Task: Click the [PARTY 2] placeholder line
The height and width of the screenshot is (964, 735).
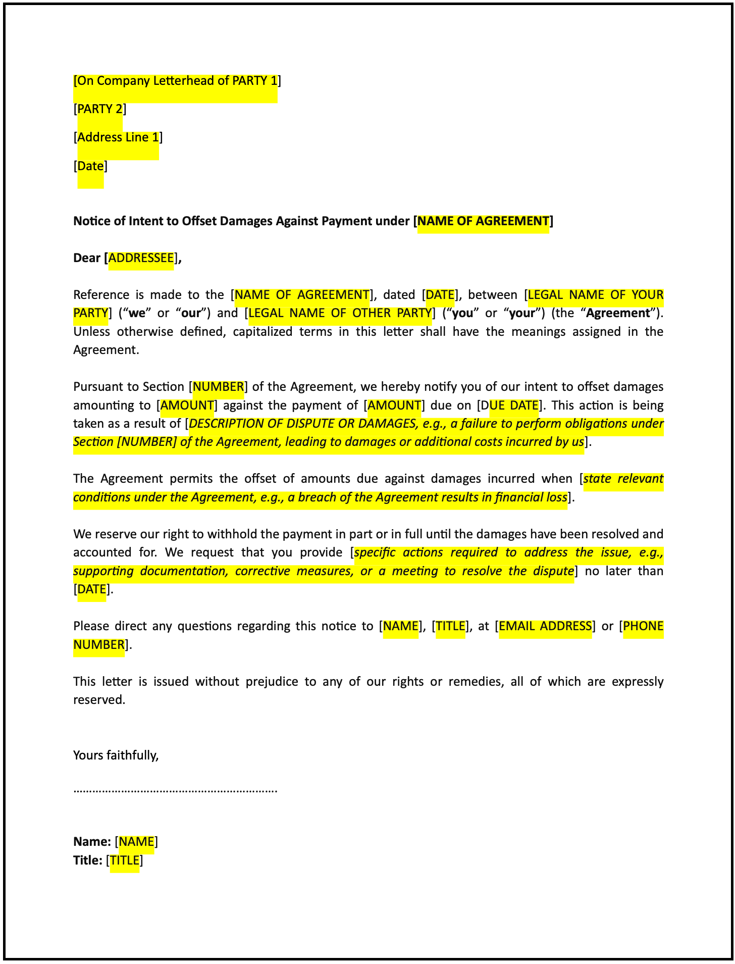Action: tap(100, 109)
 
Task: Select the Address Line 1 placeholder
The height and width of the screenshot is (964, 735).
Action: tap(118, 137)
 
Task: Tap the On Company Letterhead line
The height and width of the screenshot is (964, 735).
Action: tap(177, 81)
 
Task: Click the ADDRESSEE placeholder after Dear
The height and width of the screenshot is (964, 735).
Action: tap(141, 258)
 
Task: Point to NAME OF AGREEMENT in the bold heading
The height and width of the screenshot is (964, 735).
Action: tap(483, 221)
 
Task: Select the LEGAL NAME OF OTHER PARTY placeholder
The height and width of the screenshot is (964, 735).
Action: tap(340, 313)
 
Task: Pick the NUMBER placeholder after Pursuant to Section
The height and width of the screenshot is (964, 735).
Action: tap(219, 387)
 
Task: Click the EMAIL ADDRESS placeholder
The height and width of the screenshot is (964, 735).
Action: tap(545, 626)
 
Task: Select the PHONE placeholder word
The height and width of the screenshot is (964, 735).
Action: tap(643, 626)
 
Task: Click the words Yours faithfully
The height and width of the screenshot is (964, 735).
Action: tap(116, 755)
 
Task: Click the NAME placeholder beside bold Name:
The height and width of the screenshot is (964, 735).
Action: tap(136, 842)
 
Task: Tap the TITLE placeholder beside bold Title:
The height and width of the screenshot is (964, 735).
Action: tap(124, 860)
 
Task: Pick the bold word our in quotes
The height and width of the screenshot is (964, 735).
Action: tap(191, 313)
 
